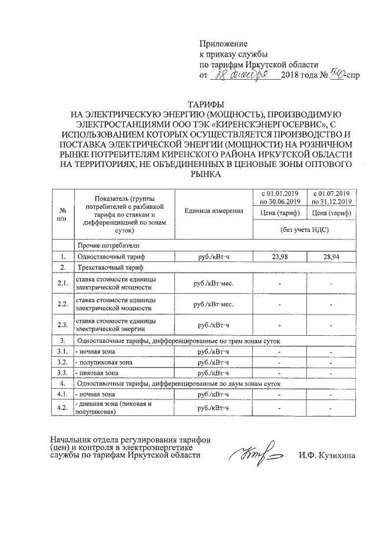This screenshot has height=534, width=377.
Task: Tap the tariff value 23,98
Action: (x=279, y=257)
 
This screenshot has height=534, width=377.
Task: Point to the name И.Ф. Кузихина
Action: (x=326, y=455)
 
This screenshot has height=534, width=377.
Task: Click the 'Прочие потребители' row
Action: (x=107, y=245)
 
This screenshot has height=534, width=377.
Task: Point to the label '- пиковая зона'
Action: (x=97, y=372)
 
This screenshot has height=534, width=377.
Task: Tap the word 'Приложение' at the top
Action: (x=223, y=44)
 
